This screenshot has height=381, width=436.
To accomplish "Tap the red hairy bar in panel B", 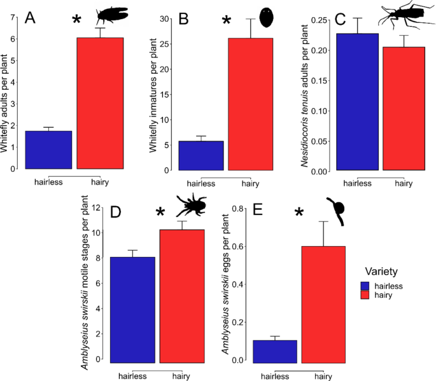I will [x=251, y=104].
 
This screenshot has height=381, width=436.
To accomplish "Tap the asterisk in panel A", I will [x=76, y=20].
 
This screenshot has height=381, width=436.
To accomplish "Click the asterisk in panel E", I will [x=299, y=212].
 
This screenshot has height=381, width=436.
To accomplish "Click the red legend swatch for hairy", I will [x=365, y=295].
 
